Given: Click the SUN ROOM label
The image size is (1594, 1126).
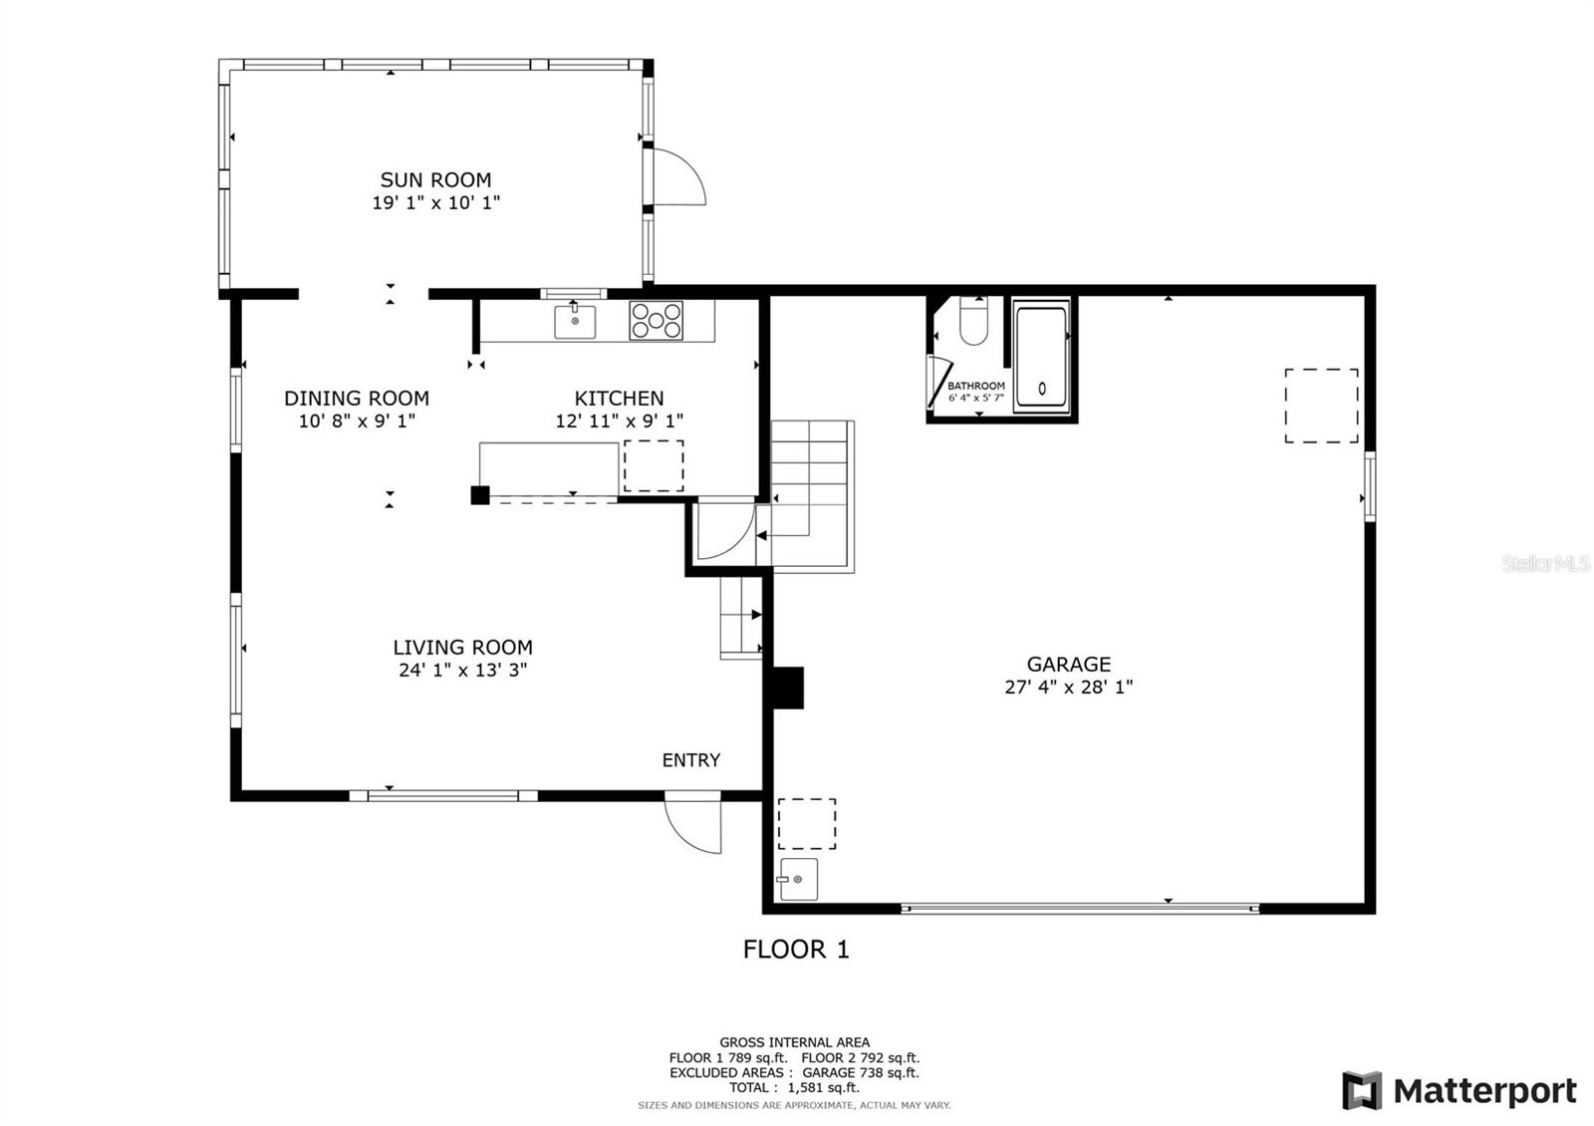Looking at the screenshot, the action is [435, 179].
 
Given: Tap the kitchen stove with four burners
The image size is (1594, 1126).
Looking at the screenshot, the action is [657, 320].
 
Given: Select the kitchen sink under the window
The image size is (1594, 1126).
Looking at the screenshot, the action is [575, 321].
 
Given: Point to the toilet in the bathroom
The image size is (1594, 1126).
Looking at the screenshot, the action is [973, 321].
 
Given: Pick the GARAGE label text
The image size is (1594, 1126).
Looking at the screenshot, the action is [1068, 664].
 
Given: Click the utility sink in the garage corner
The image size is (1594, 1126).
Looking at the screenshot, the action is [798, 880].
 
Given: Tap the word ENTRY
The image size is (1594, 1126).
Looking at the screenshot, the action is [691, 760].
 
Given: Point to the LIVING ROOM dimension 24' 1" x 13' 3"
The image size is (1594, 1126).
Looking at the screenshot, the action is [462, 670].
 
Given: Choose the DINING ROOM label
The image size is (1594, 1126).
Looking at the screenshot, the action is [357, 398].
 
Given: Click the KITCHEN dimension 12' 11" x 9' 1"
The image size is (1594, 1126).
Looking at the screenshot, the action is [619, 421].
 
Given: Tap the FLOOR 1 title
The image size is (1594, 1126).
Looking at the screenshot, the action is [796, 949].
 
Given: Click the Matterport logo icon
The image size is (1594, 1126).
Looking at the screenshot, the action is [1362, 1090].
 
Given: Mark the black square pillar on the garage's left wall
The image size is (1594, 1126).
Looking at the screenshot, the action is [788, 688].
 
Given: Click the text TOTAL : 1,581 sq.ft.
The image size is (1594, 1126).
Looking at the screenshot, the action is [794, 1087].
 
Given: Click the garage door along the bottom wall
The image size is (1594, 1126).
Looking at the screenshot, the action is [1080, 908].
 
